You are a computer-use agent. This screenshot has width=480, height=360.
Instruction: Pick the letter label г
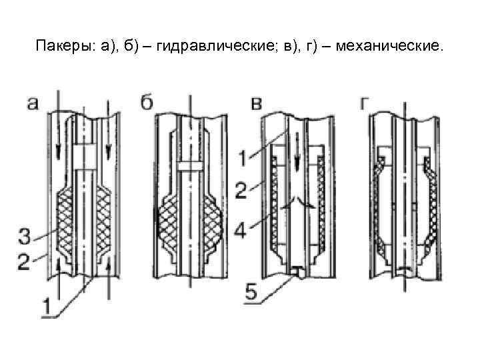coord(365,103)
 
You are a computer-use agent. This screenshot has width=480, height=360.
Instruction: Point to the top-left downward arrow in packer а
coord(59,130)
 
